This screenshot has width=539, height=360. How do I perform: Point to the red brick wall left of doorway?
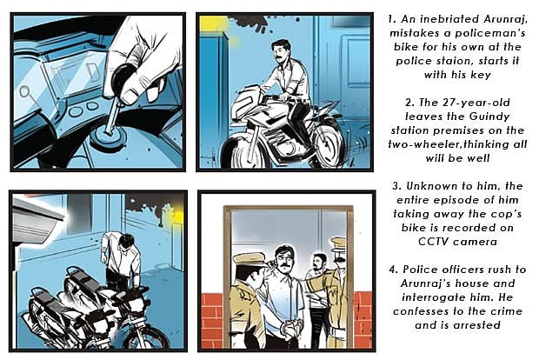coord(212,320)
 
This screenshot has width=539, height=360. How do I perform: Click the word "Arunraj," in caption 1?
coord(505,19)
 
